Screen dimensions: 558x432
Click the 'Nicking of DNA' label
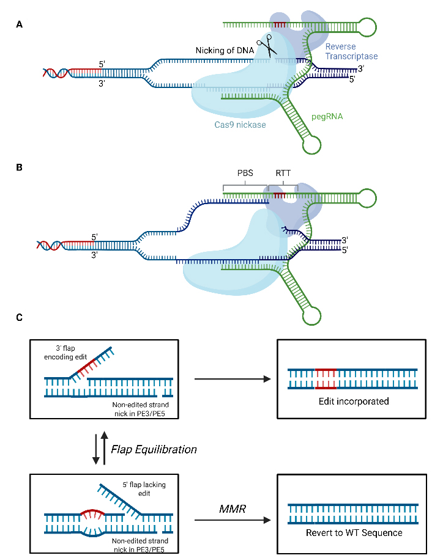(x=225, y=50)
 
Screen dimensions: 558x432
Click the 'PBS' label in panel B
(x=245, y=173)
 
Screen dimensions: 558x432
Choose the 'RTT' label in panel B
(x=283, y=173)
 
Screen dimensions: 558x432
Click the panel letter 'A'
(x=20, y=24)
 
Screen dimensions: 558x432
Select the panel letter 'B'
(x=20, y=166)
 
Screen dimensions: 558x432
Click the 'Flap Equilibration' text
(x=154, y=449)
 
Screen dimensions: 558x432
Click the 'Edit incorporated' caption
(x=348, y=402)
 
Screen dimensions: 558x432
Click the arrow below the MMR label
(x=232, y=521)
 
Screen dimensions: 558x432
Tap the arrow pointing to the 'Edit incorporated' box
(x=232, y=380)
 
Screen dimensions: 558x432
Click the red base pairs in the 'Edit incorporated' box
(x=325, y=379)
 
